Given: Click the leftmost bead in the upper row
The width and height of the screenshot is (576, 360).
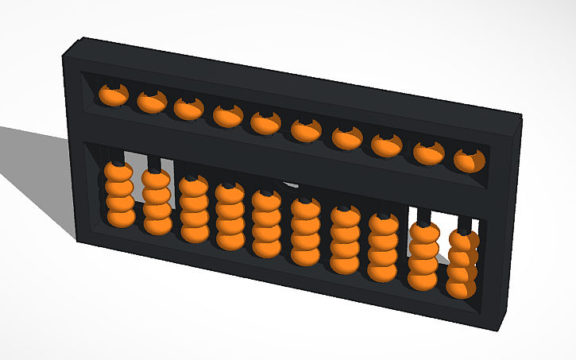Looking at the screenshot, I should point(112,96).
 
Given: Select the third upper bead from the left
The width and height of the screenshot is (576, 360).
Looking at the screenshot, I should point(187,109).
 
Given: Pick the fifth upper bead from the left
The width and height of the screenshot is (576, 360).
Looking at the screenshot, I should point(265,123).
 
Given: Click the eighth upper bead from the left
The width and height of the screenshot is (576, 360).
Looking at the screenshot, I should point(385,145).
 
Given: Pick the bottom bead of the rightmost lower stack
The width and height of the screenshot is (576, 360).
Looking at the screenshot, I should point(461,286).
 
